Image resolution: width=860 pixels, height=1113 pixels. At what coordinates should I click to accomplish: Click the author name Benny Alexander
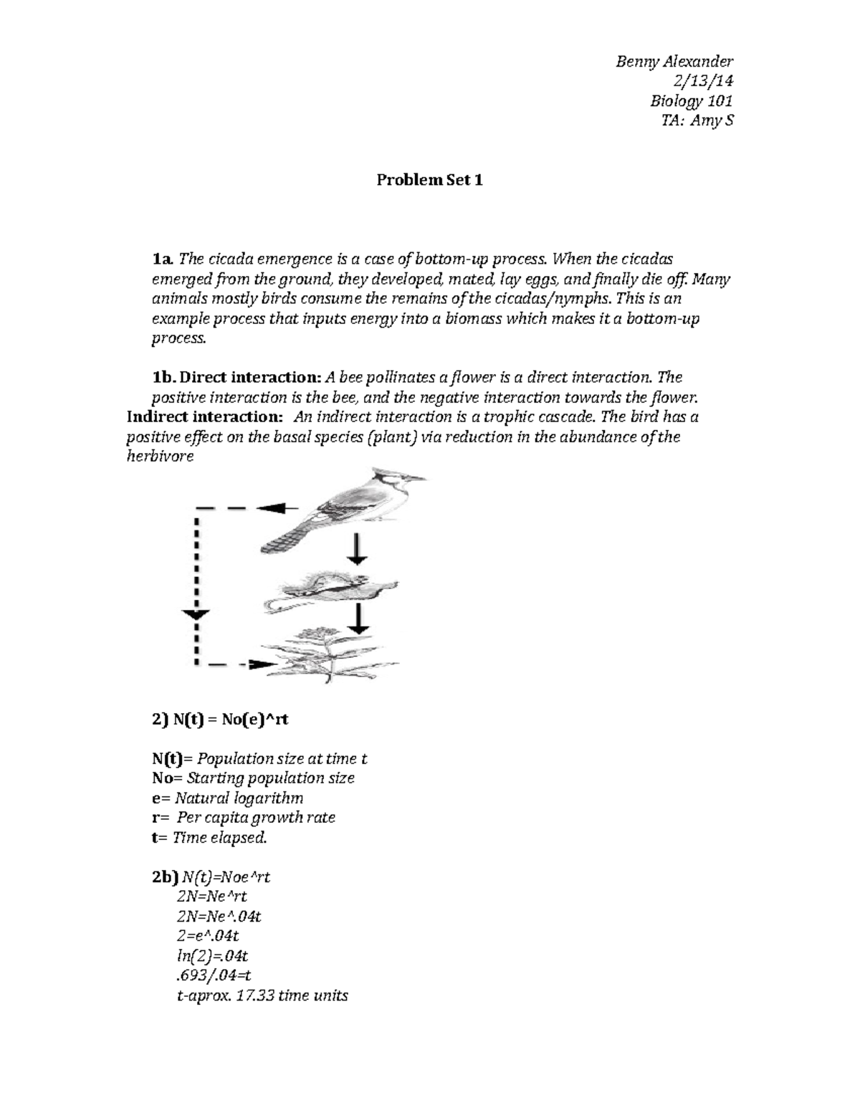(x=674, y=62)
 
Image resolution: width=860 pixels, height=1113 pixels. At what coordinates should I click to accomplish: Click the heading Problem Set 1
(x=429, y=180)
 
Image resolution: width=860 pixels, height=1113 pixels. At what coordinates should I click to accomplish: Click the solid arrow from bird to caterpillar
(x=356, y=549)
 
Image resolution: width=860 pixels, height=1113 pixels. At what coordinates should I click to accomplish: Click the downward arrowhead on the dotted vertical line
(x=196, y=614)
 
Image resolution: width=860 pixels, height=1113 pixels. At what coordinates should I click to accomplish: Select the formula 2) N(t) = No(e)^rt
(x=220, y=720)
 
